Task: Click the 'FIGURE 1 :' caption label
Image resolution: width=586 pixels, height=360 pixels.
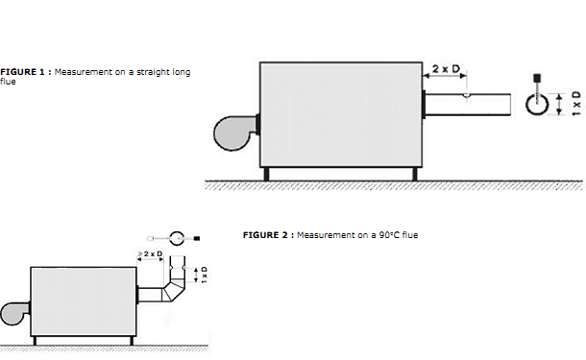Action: coord(26,72)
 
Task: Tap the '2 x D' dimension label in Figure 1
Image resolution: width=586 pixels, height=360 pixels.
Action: coord(446,69)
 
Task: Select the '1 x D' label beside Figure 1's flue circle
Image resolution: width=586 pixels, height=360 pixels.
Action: coord(576,103)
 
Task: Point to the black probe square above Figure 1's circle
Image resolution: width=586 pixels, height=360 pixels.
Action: coord(537,78)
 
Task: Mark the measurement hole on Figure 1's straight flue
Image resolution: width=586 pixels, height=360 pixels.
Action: coord(467,96)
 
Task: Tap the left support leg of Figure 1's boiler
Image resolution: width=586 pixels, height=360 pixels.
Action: coord(266,174)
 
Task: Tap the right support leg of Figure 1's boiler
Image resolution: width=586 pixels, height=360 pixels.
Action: coord(414,174)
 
